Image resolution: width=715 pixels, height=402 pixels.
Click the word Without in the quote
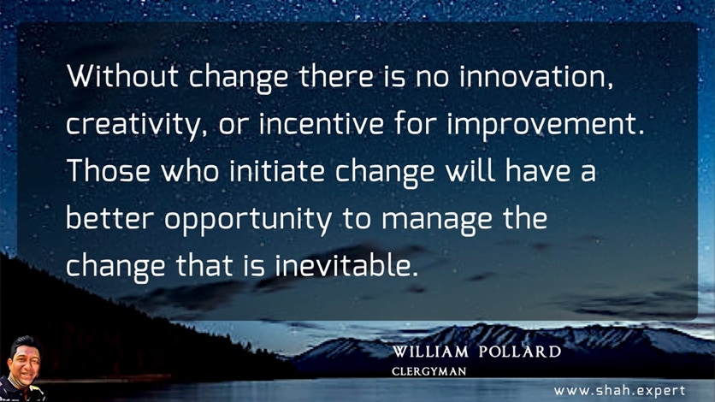122,75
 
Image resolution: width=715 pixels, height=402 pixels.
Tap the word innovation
536,75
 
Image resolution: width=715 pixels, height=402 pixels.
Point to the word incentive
322,123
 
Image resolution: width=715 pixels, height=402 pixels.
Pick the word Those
109,170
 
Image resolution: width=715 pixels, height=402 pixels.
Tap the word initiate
277,170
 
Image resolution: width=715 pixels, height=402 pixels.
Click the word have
538,170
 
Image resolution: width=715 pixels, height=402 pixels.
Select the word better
109,218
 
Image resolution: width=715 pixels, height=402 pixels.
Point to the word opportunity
248,221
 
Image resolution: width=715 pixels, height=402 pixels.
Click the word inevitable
346,265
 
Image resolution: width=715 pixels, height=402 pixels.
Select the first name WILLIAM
430,352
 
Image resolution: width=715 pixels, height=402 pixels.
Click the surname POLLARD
520,352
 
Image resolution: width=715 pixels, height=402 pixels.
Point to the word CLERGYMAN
428,371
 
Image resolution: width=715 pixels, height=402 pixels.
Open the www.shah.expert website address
619,391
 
